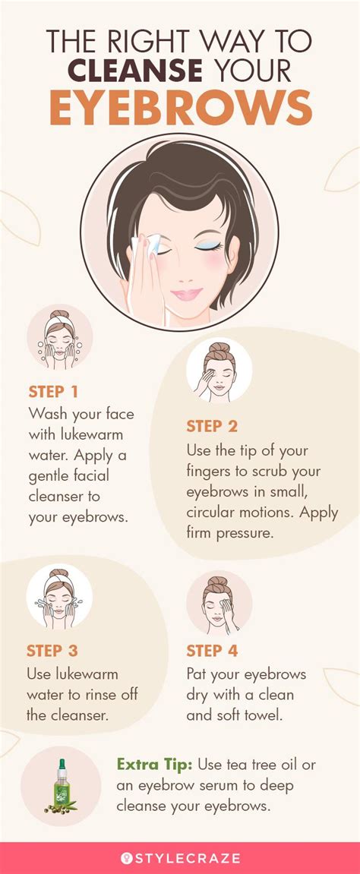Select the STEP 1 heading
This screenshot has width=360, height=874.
[x=53, y=392]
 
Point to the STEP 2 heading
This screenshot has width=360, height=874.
[x=212, y=426]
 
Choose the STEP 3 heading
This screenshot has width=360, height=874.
[x=52, y=651]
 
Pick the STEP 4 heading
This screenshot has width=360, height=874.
[x=212, y=651]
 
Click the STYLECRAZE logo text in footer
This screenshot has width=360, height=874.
[x=188, y=858]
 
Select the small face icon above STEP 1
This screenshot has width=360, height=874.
[x=60, y=337]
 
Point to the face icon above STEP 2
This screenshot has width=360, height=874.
[x=219, y=370]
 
